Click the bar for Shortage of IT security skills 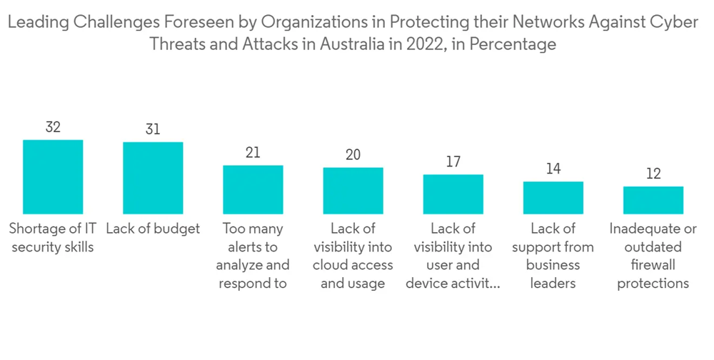(53, 176)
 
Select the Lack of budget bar (153, 178)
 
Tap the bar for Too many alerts (253, 189)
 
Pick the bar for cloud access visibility (353, 191)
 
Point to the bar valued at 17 (453, 194)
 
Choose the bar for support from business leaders (553, 198)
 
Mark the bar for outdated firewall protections (653, 200)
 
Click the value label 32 (53, 127)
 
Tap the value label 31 (153, 129)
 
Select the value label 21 (253, 152)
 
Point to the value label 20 (353, 155)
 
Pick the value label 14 (553, 169)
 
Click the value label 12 (653, 174)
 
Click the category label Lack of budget (153, 229)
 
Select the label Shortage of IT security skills (52, 238)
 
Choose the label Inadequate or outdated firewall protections (653, 256)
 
